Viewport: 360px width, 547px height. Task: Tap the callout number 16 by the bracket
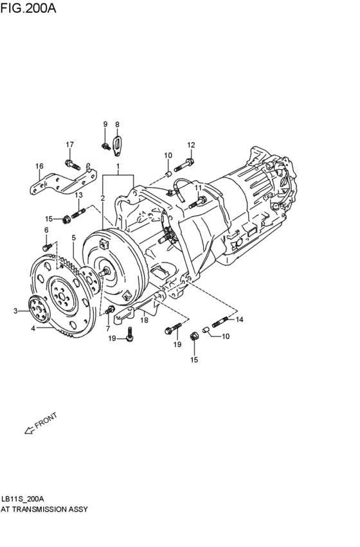click(39, 166)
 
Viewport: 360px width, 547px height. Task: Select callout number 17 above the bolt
click(69, 144)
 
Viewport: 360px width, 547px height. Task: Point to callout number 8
click(117, 124)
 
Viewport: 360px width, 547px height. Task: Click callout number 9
click(105, 124)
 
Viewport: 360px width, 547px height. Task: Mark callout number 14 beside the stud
click(240, 319)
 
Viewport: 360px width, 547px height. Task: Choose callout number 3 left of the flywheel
click(16, 311)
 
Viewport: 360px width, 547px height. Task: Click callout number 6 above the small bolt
click(46, 230)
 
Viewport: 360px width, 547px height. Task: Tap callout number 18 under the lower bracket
click(145, 320)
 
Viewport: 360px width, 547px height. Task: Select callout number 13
click(78, 195)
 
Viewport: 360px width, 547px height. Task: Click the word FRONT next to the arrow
click(46, 420)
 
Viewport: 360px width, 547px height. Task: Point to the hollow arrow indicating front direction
click(29, 431)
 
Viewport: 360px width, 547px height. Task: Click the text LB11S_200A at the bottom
click(22, 499)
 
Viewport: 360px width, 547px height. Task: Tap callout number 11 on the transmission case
click(199, 187)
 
